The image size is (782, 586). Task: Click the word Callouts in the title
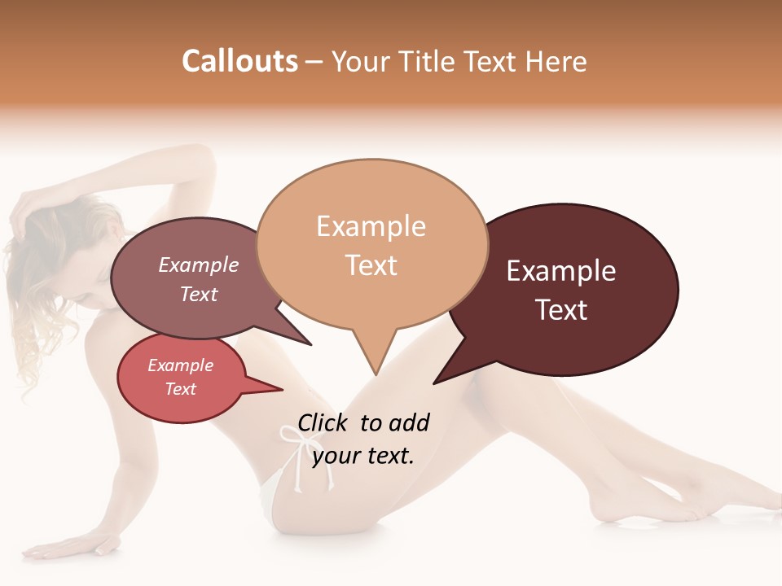point(239,61)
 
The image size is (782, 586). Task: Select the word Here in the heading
point(557,61)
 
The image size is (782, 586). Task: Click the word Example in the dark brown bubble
point(561,271)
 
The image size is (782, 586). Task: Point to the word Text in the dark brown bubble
point(561,310)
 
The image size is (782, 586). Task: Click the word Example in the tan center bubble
point(371,226)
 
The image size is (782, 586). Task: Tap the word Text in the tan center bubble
point(371,265)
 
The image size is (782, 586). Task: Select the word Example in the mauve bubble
point(198,265)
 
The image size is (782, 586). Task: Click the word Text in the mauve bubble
point(198,294)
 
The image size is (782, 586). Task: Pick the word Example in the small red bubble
point(180,365)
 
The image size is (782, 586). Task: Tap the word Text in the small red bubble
point(180,389)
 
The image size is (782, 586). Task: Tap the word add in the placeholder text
point(409,422)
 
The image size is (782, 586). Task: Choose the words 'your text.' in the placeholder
point(362,456)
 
